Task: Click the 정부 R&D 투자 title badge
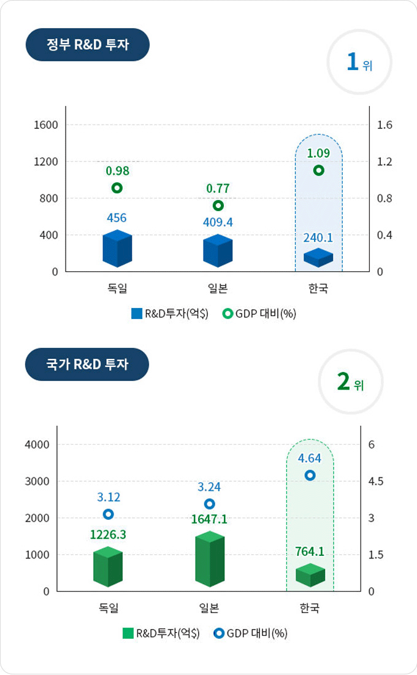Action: [x=88, y=45]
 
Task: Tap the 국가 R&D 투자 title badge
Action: [x=87, y=364]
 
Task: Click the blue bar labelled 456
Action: [x=117, y=249]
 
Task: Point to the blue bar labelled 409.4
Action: [x=218, y=251]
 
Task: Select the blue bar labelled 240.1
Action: [x=318, y=258]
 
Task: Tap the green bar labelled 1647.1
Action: [x=210, y=559]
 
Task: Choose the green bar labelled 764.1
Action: [x=310, y=576]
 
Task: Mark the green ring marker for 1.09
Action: [x=318, y=171]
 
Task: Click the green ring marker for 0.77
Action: [x=218, y=206]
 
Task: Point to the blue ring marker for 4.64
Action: [x=310, y=475]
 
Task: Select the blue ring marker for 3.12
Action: [x=109, y=514]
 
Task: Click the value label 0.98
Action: [x=117, y=170]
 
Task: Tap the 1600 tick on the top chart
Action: [x=46, y=125]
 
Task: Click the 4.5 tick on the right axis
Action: [x=376, y=481]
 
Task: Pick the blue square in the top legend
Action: [x=137, y=314]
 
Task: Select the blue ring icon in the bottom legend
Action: [x=219, y=633]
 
